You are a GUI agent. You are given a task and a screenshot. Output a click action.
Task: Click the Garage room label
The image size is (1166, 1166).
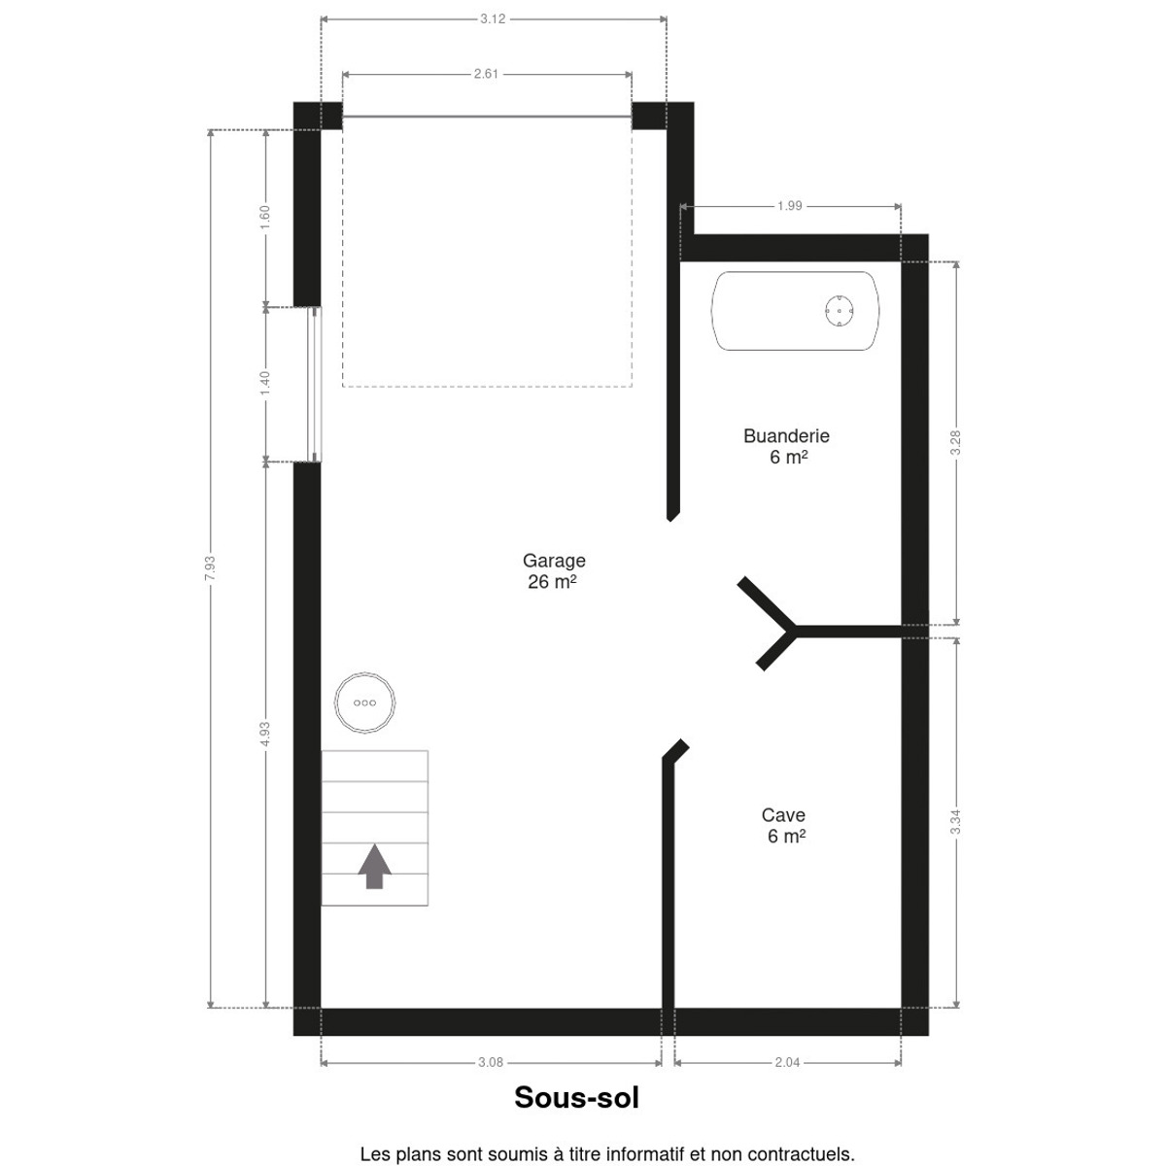click(x=554, y=570)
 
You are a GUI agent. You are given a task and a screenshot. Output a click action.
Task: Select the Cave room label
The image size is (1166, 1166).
click(x=784, y=825)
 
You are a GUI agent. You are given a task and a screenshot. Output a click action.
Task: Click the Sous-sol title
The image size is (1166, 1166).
click(x=576, y=1098)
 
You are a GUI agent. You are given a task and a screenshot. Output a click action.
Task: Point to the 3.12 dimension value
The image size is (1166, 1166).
click(x=493, y=19)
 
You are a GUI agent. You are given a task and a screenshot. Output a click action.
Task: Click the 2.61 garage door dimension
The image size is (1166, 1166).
click(x=486, y=74)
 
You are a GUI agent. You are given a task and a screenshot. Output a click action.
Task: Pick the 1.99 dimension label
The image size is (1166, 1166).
click(x=790, y=206)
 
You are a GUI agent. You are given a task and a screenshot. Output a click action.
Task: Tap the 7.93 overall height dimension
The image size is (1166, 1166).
click(x=210, y=568)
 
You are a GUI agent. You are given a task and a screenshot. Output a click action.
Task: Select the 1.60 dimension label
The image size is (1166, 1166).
click(x=265, y=218)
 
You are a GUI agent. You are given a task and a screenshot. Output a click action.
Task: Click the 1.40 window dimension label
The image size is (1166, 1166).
click(x=265, y=384)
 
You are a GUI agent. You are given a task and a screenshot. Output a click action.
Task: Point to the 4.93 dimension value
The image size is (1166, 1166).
click(x=265, y=734)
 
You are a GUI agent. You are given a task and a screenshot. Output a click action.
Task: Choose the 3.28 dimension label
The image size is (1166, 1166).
click(x=955, y=442)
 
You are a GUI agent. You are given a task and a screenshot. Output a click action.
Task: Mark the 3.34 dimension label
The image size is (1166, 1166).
click(x=955, y=822)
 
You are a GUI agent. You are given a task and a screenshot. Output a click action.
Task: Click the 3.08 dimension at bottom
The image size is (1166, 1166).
click(x=490, y=1063)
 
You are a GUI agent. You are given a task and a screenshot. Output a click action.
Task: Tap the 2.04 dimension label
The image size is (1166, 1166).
click(x=787, y=1063)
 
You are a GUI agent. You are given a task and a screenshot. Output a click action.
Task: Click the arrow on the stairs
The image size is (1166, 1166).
click(x=374, y=867)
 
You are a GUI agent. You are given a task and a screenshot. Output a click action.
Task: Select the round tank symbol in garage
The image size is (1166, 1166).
click(x=365, y=703)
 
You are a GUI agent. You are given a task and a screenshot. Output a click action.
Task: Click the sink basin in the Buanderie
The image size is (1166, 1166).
click(x=795, y=310)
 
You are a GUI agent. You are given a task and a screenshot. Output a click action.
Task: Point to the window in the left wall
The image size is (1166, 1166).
click(x=315, y=384)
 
